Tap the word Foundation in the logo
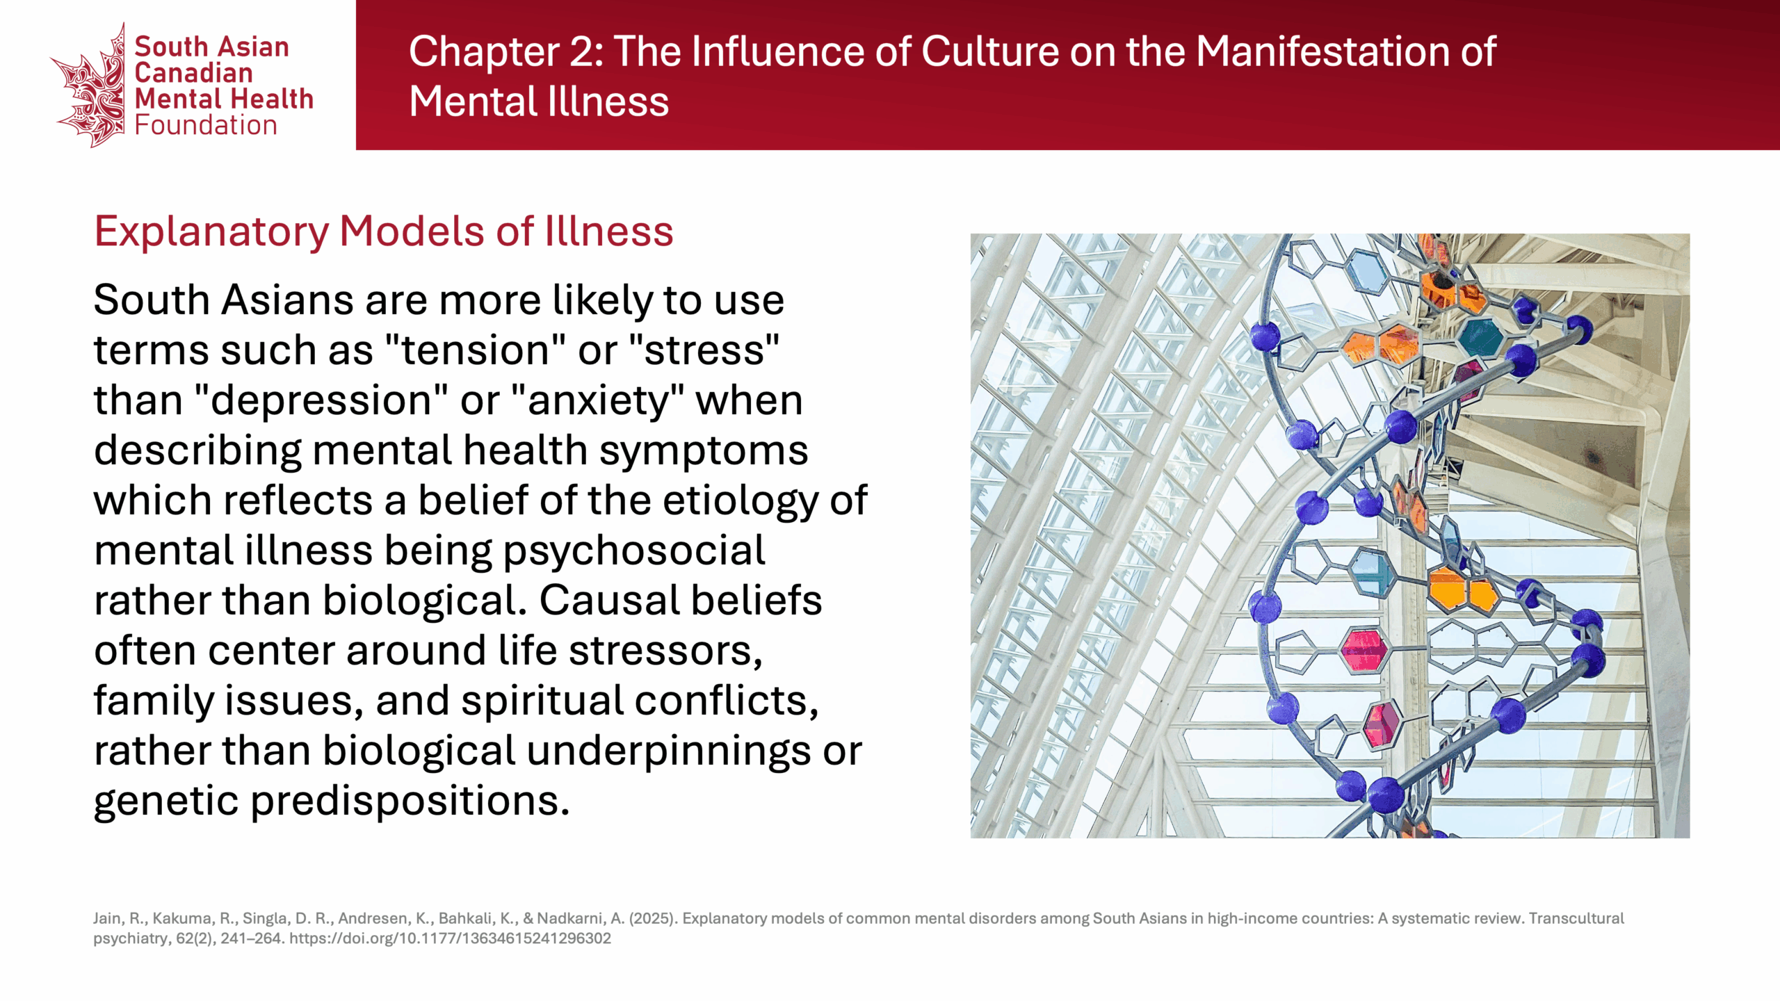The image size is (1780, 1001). click(x=206, y=125)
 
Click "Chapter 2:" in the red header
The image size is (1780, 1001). click(x=506, y=51)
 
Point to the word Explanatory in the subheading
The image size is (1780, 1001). click(x=211, y=231)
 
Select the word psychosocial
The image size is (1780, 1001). click(x=633, y=551)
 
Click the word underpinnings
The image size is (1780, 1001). click(x=668, y=751)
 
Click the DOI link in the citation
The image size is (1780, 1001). click(x=450, y=938)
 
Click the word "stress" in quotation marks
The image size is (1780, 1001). click(x=704, y=349)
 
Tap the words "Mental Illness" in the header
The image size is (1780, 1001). click(x=539, y=101)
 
